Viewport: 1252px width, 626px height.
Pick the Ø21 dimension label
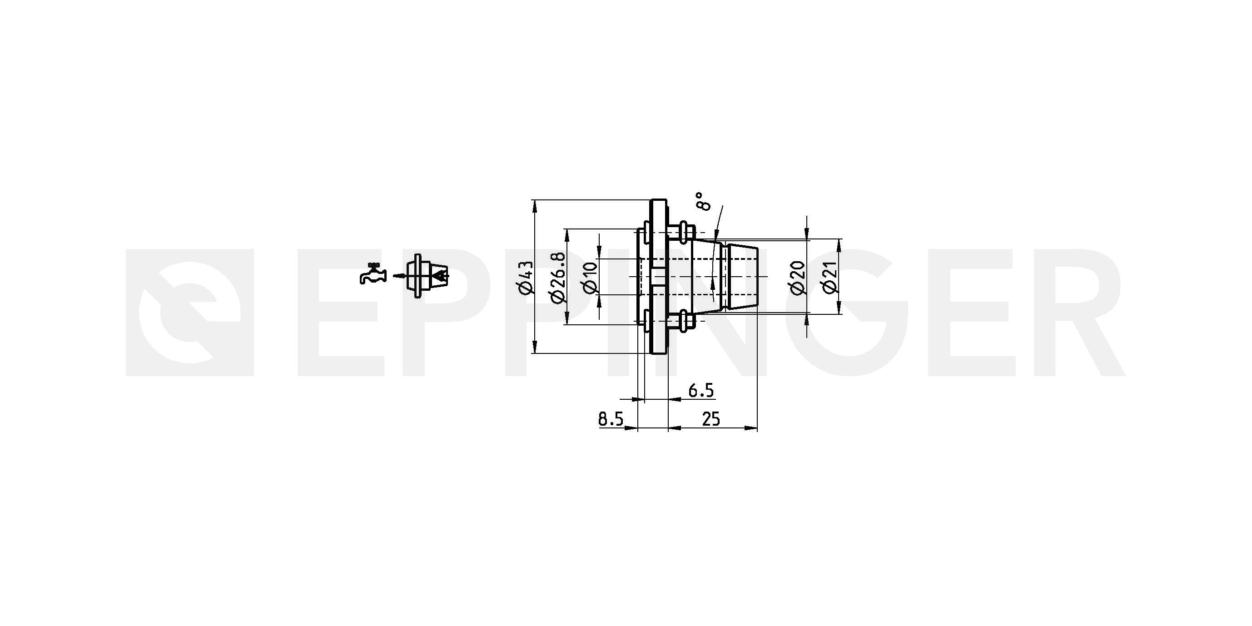click(x=830, y=278)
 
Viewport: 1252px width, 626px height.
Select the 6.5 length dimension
click(x=701, y=390)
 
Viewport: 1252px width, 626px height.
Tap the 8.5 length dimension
click(x=611, y=419)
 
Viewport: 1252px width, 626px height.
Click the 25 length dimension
click(x=710, y=419)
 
